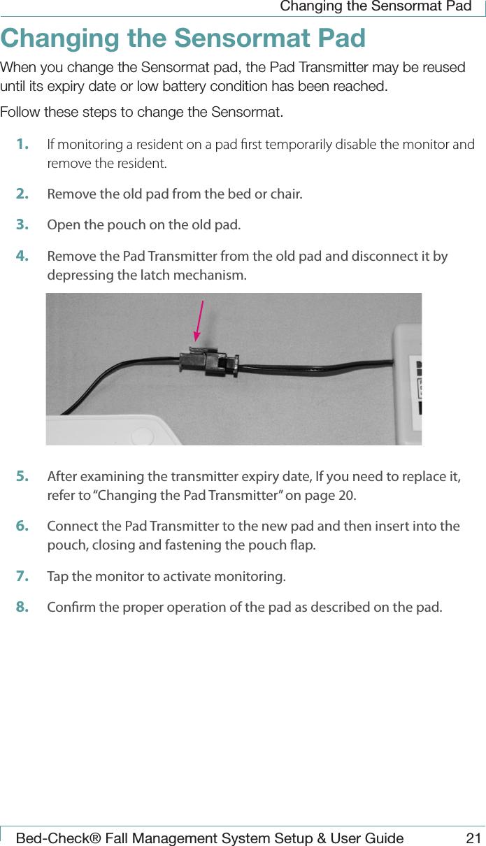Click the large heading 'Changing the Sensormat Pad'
click(x=183, y=38)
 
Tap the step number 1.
click(x=22, y=145)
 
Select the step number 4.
click(x=22, y=256)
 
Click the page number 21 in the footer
click(x=473, y=838)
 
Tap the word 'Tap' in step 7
click(x=57, y=577)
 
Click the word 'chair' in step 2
click(x=285, y=194)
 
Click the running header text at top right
click(x=375, y=7)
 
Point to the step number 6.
click(x=22, y=526)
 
